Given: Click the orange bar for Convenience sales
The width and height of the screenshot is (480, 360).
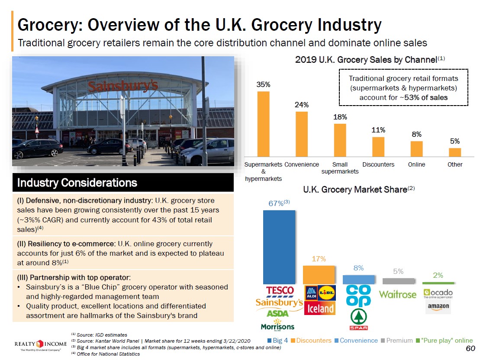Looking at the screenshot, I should [x=302, y=134].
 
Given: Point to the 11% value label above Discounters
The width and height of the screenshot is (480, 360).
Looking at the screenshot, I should [x=378, y=130].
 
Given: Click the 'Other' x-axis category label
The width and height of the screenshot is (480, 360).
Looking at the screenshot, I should [x=455, y=164].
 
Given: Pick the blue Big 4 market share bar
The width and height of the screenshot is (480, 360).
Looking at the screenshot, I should [x=279, y=247].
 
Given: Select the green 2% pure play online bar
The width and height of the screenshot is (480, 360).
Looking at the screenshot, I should [x=438, y=283].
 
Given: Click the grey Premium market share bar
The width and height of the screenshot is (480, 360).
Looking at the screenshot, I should [x=398, y=281].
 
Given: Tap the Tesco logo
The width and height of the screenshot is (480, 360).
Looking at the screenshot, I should [x=280, y=290].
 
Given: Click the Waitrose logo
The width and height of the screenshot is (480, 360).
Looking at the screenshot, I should [x=398, y=295].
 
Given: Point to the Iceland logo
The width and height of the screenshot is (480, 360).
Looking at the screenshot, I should [x=321, y=308].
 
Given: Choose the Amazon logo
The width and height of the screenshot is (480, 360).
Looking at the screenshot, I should [x=438, y=306].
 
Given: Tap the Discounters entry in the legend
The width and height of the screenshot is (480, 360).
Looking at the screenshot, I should [x=311, y=341].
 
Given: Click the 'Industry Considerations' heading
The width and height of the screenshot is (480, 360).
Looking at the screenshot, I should [x=77, y=183].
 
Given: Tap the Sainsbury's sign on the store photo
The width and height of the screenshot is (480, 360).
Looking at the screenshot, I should [x=123, y=86].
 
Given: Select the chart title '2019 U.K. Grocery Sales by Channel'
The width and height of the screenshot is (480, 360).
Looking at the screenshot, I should [x=366, y=60].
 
